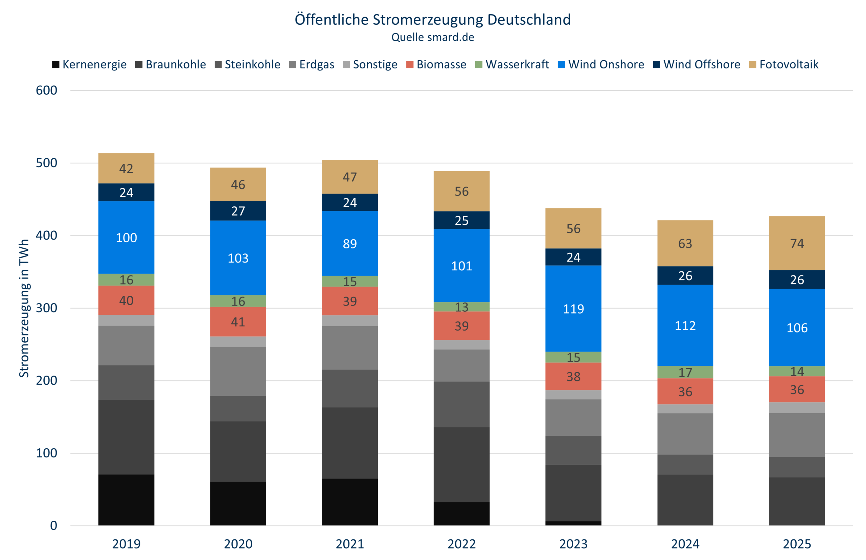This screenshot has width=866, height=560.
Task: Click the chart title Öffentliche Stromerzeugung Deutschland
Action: click(x=432, y=20)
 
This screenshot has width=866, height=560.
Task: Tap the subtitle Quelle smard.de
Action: click(x=432, y=38)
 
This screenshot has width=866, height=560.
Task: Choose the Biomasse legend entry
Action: click(x=436, y=65)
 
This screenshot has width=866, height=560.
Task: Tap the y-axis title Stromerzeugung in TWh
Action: click(x=24, y=308)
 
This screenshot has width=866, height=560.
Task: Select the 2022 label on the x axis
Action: click(x=461, y=544)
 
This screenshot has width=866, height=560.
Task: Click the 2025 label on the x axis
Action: click(x=797, y=544)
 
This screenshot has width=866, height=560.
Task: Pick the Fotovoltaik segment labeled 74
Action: click(x=797, y=243)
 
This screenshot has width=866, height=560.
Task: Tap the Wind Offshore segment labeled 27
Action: click(x=238, y=211)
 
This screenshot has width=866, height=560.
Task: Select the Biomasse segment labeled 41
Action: click(x=238, y=322)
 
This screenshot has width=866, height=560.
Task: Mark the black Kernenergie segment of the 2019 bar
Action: click(x=126, y=500)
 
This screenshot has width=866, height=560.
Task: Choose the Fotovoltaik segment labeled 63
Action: click(x=685, y=243)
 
